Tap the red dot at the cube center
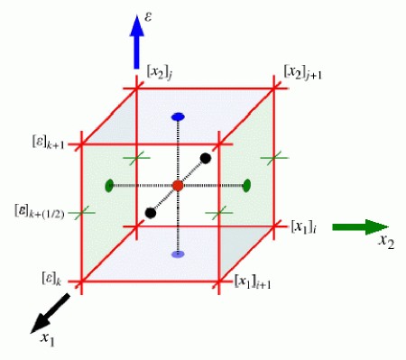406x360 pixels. point(178,185)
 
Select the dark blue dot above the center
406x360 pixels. point(178,117)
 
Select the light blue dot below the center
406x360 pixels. point(178,254)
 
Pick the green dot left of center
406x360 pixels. point(109,186)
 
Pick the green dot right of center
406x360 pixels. point(246,185)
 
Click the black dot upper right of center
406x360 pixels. point(206,158)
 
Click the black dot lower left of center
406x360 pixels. point(150,213)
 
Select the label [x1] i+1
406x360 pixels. point(255,283)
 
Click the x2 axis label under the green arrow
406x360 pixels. point(386,242)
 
